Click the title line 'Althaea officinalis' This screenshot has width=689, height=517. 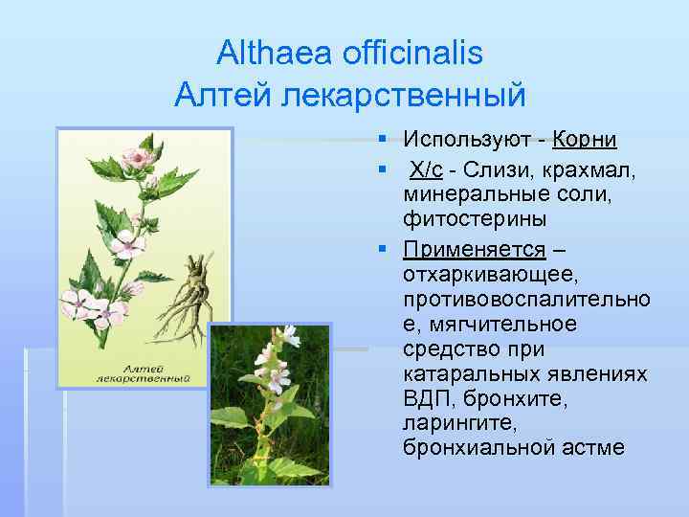(x=349, y=52)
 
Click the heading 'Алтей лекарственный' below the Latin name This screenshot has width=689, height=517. (x=350, y=95)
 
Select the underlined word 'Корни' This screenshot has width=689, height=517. (x=585, y=141)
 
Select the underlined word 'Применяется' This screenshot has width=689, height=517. (x=474, y=250)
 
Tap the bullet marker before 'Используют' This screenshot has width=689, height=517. (x=382, y=141)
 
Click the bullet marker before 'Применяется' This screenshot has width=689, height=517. (x=382, y=250)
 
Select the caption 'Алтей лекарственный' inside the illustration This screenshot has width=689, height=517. (x=144, y=372)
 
